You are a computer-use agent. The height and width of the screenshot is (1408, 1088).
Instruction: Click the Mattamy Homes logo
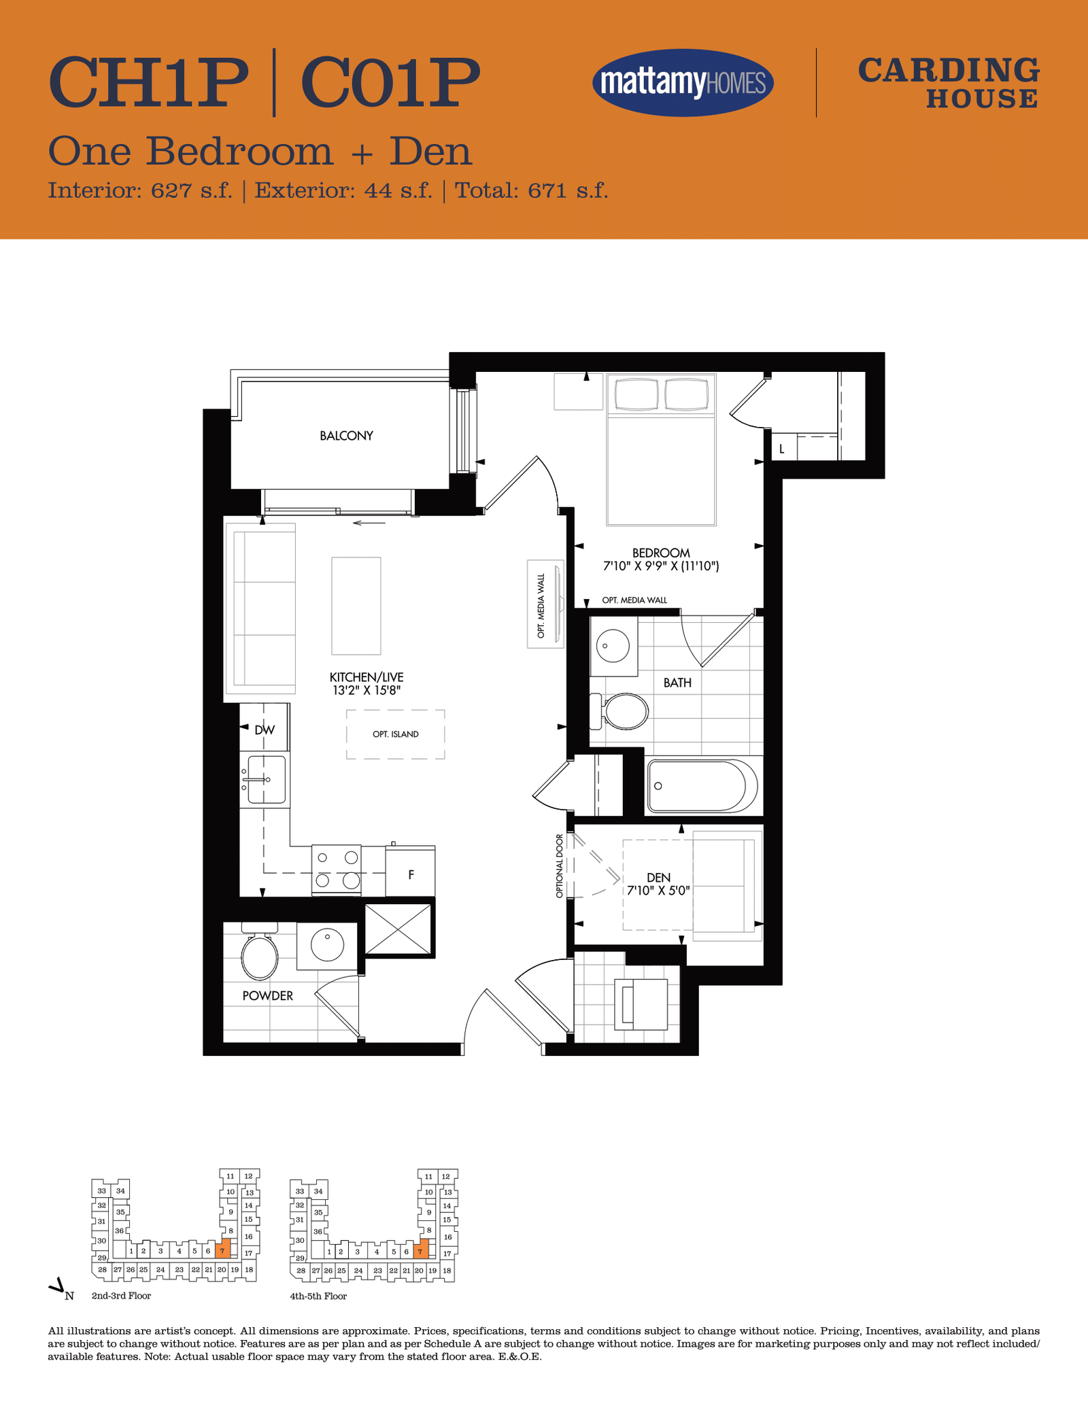click(x=683, y=83)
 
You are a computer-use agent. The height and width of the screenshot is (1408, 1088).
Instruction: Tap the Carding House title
click(x=949, y=83)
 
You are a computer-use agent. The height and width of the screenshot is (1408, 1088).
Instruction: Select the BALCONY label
click(x=347, y=436)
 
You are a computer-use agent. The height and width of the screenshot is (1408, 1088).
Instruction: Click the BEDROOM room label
click(x=661, y=553)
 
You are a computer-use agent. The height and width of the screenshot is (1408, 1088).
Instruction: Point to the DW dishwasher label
click(x=265, y=730)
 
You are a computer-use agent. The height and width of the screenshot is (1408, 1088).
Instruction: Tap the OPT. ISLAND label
click(x=396, y=734)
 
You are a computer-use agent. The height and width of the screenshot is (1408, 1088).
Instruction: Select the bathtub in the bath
click(x=702, y=786)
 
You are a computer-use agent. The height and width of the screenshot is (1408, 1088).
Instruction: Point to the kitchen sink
click(x=266, y=779)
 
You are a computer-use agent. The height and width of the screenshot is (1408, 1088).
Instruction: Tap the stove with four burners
click(x=337, y=870)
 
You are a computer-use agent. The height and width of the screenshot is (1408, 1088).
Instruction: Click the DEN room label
click(x=659, y=878)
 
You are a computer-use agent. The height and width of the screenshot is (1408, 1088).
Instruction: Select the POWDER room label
click(x=268, y=996)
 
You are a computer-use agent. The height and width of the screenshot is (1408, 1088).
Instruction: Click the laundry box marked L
click(x=783, y=448)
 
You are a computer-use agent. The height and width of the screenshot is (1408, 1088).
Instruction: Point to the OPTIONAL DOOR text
click(x=560, y=865)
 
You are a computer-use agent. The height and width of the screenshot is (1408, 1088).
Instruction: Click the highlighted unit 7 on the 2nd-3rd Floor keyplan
click(x=222, y=1249)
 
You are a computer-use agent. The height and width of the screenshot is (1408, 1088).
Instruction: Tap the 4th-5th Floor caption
click(x=318, y=1297)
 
